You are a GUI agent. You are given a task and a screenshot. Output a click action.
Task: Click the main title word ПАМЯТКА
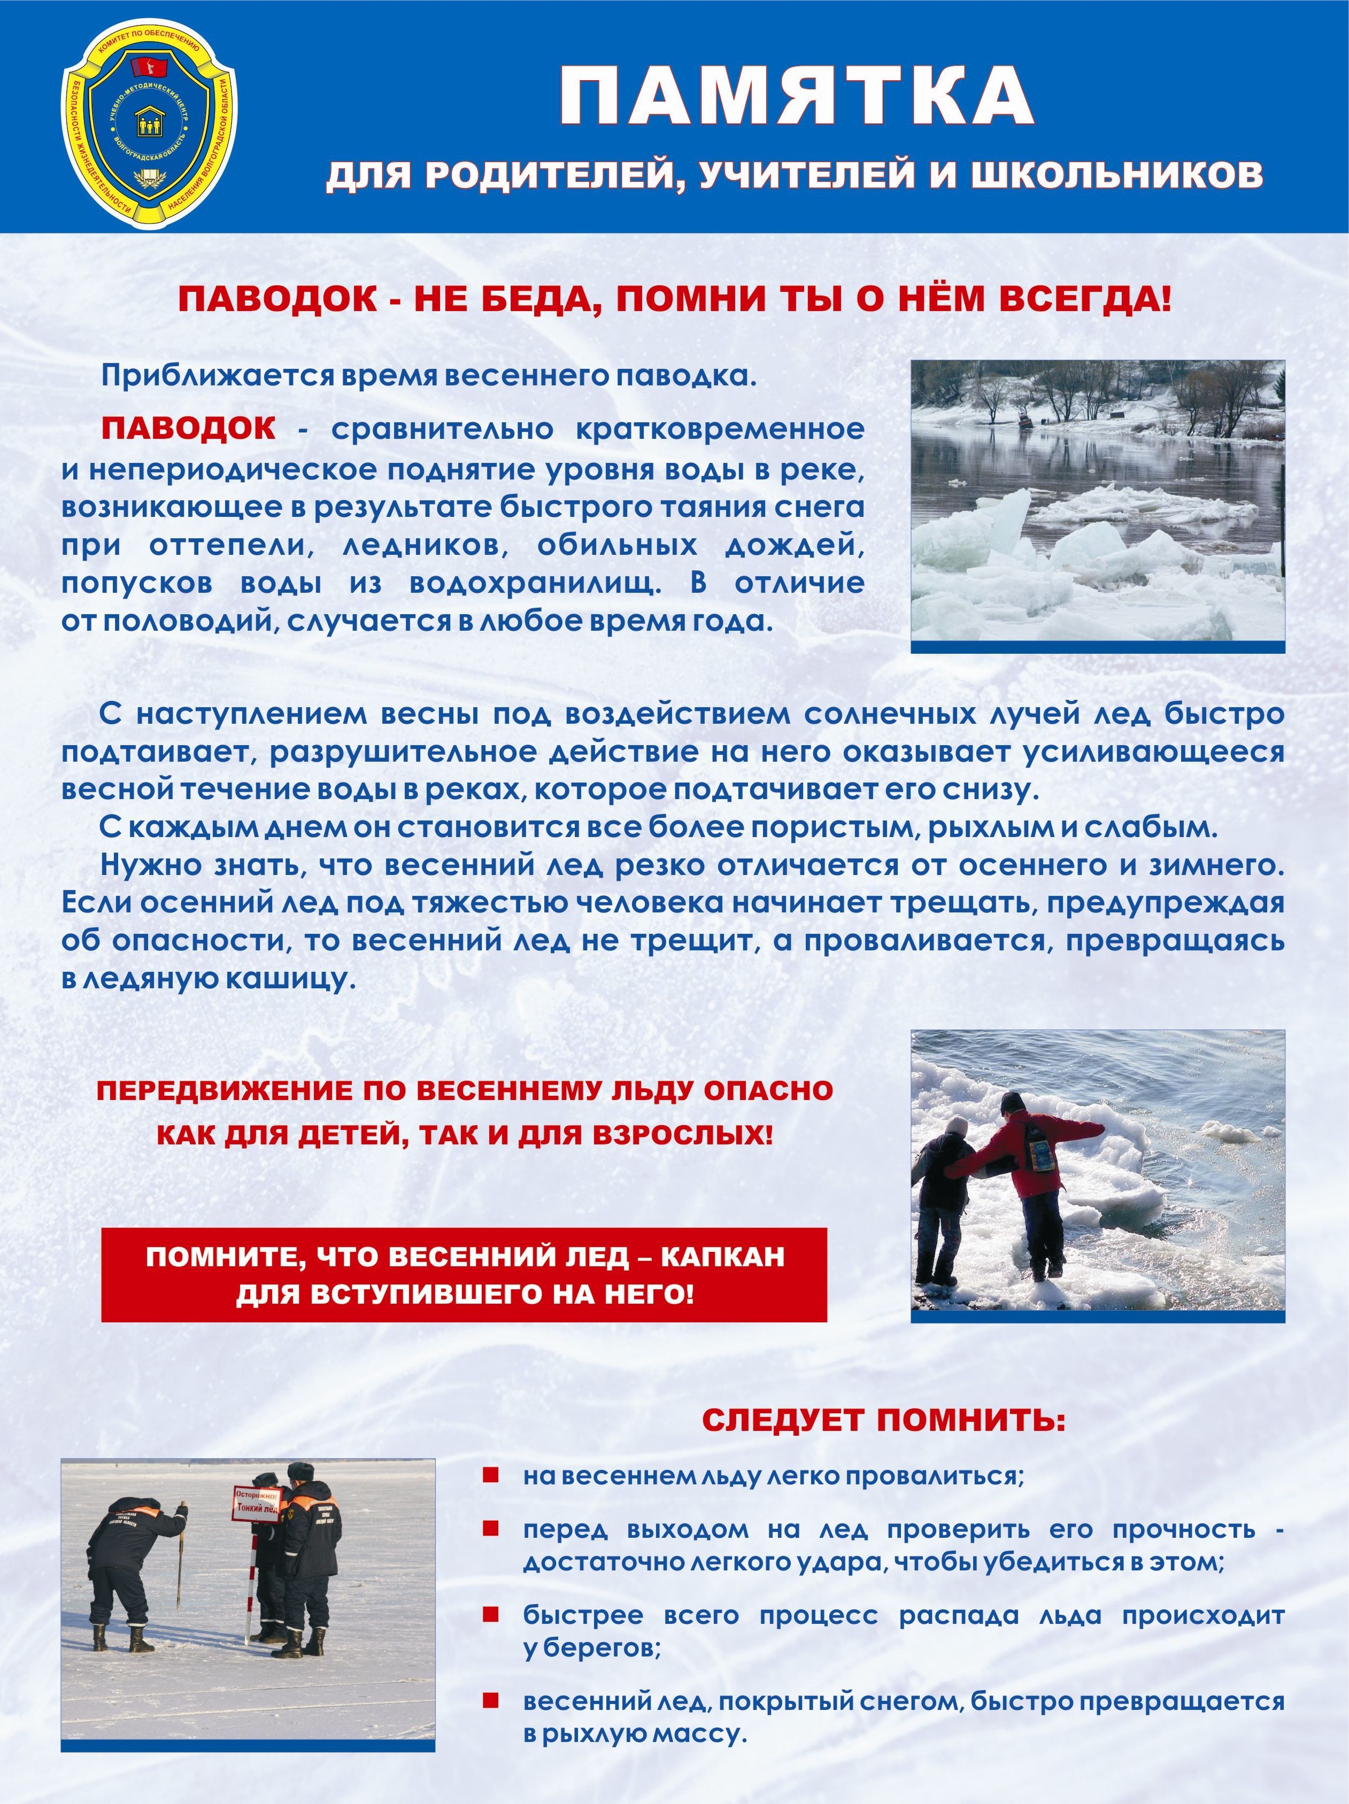click(x=796, y=96)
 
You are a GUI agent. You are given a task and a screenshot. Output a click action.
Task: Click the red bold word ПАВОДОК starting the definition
click(x=188, y=428)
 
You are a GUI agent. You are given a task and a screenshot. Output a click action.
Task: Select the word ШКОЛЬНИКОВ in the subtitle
click(x=1116, y=175)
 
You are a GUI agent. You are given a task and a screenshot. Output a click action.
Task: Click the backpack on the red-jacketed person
click(x=1037, y=1143)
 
